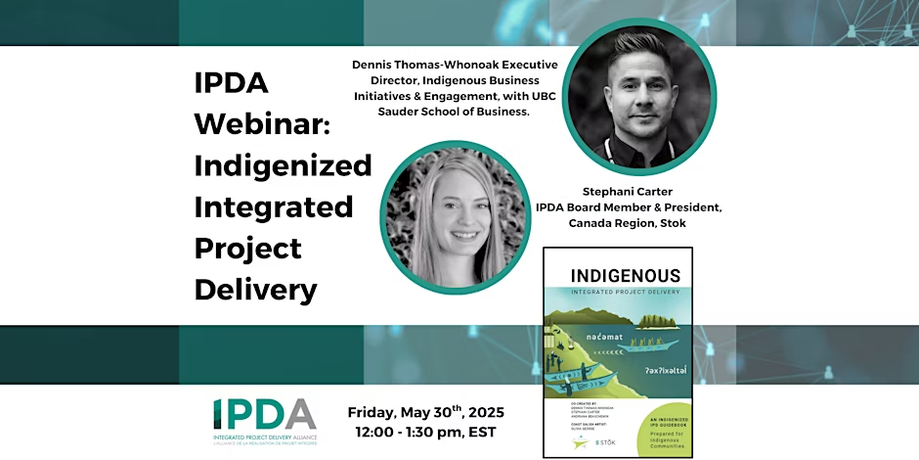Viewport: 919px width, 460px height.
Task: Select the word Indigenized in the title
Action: coord(283,165)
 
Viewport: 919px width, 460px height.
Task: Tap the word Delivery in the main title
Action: coord(255,290)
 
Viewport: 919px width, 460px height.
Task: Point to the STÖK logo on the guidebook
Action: coord(608,443)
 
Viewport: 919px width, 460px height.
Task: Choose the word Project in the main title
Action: coord(247,249)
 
